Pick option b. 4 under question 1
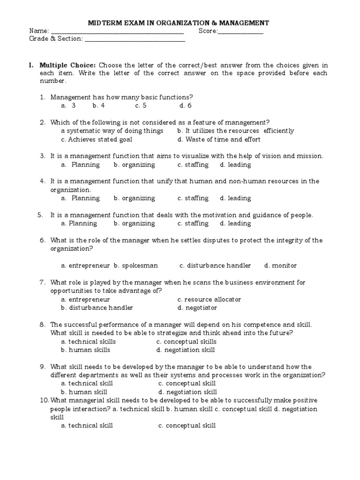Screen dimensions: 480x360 click(98, 105)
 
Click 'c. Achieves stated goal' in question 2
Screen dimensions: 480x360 click(97, 139)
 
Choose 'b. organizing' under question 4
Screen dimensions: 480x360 click(134, 198)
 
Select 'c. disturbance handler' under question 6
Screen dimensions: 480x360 click(215, 266)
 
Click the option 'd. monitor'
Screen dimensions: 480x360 click(280, 266)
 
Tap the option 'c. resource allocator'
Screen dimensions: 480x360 click(209, 300)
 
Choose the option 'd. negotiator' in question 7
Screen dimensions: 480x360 click(197, 308)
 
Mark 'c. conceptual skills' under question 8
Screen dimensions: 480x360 click(187, 342)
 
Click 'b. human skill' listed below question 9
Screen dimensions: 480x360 click(84, 392)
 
